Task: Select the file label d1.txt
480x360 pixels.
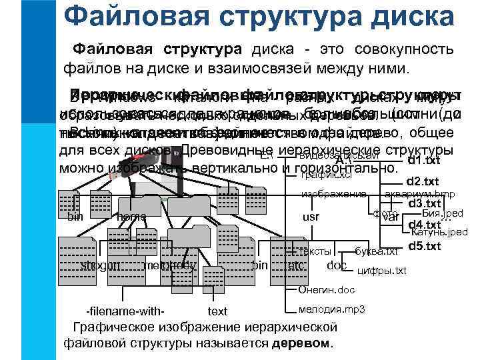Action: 424,161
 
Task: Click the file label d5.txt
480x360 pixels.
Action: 424,246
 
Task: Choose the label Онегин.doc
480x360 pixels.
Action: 327,290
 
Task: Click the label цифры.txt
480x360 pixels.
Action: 382,270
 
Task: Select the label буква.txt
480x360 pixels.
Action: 377,251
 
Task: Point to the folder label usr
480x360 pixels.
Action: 311,217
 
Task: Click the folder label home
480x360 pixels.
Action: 131,217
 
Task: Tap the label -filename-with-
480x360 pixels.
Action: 126,311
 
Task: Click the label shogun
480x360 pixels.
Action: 100,265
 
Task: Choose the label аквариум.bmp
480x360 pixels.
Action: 420,194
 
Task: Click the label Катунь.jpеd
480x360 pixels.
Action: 439,232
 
